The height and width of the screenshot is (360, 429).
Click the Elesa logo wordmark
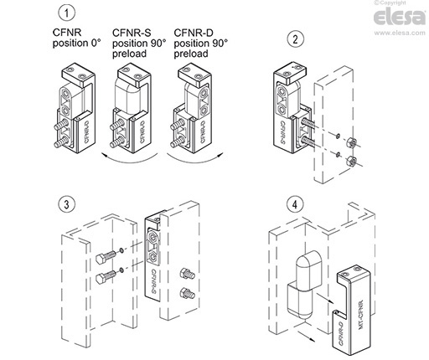394,19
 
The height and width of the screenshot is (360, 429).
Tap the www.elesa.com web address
394,33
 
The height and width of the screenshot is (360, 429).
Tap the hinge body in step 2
289,109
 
